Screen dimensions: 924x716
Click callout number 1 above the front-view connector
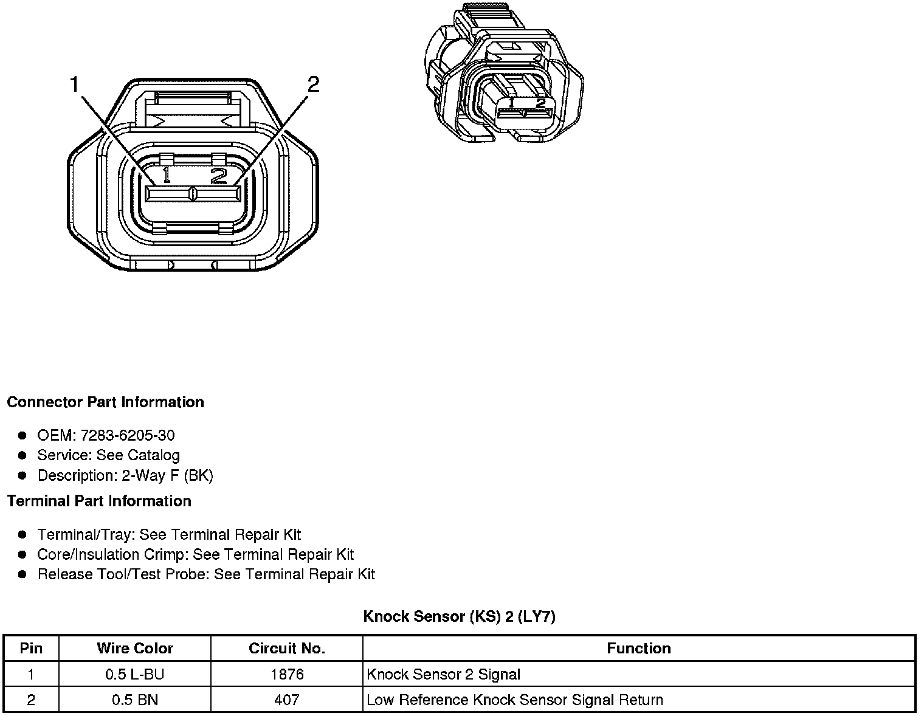coord(75,84)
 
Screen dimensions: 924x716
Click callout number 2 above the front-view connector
coord(313,84)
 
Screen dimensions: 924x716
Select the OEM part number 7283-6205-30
coord(128,435)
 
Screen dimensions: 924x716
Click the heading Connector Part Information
coord(105,402)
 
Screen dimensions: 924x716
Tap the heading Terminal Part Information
coord(99,501)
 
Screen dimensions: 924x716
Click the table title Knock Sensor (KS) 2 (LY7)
coord(459,616)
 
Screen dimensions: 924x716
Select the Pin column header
coord(31,648)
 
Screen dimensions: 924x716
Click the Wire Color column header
coord(135,648)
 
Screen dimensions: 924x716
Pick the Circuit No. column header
coord(286,648)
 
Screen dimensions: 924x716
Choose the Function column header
coord(639,648)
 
